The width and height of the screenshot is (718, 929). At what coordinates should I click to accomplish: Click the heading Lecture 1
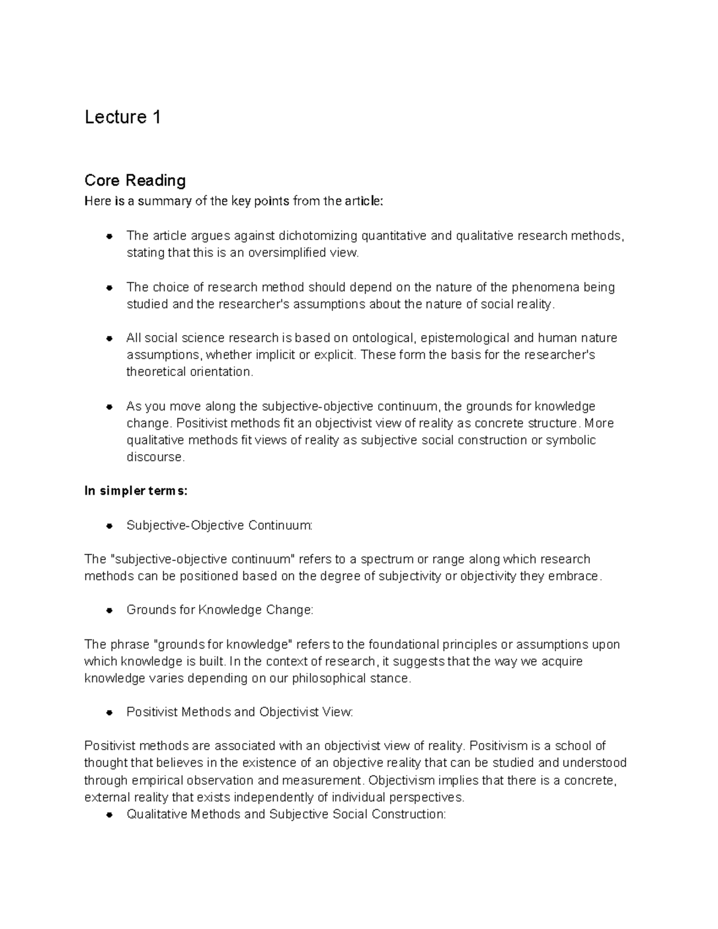point(123,117)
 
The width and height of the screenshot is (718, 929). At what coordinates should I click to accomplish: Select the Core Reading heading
point(135,180)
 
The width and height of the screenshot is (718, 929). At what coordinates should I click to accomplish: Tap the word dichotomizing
point(314,236)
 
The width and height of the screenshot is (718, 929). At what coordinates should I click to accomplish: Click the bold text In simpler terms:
point(136,491)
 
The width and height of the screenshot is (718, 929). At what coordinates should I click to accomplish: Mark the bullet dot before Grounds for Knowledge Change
point(109,611)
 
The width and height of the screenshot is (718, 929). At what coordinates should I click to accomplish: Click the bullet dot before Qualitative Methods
point(109,815)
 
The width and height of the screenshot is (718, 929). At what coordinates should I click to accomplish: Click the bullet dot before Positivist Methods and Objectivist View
point(109,712)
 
